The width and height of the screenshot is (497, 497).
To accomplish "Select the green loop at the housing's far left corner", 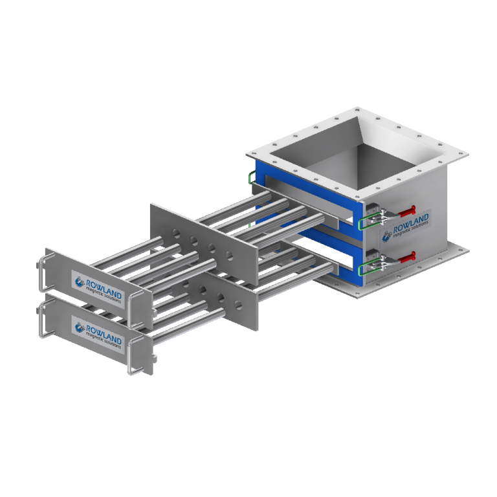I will coord(250,176).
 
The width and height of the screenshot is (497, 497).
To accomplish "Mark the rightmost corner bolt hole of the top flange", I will coord(460,151).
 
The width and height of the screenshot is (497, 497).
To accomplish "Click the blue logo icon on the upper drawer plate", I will coord(80,282).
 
